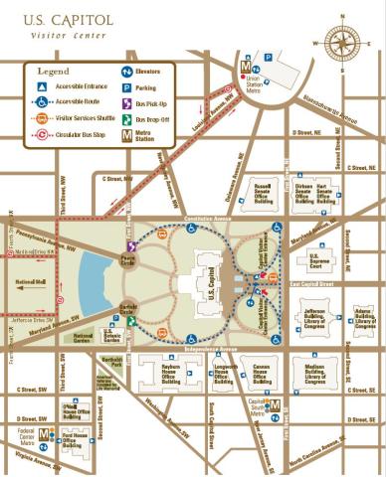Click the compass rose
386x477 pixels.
click(343, 43)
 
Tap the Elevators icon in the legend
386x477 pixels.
click(127, 71)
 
